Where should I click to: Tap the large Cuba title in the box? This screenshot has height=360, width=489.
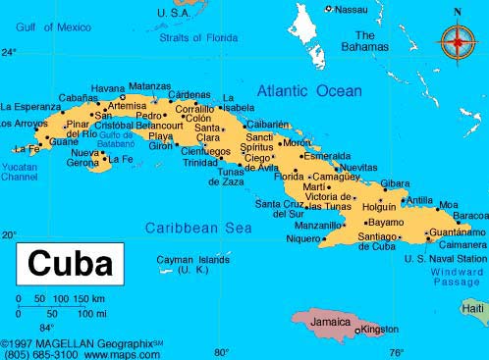click(70, 264)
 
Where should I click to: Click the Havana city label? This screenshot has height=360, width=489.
click(108, 88)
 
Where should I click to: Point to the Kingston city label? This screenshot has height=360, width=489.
click(380, 330)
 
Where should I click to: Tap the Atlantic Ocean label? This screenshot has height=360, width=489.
click(309, 91)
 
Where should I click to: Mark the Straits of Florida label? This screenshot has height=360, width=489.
click(200, 38)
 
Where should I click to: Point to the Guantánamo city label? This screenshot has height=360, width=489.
click(457, 232)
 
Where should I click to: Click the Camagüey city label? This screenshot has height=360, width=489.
click(335, 177)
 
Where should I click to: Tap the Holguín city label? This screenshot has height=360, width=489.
click(379, 207)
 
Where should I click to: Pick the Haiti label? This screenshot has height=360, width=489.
click(474, 308)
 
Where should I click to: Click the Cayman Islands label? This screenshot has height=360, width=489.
click(193, 264)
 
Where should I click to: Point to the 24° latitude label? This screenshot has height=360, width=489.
click(9, 52)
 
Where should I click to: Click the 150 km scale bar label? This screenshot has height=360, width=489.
click(90, 298)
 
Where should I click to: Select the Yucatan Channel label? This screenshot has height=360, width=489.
click(19, 173)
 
